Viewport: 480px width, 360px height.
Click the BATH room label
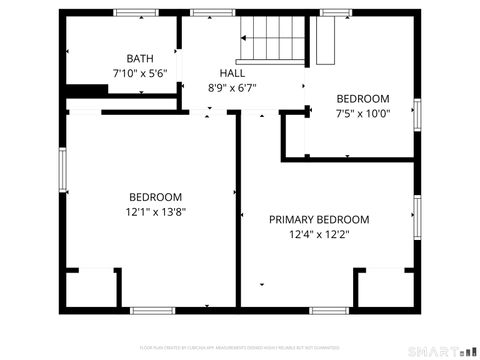pos(139,59)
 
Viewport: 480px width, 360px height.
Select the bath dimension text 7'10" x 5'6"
pos(139,74)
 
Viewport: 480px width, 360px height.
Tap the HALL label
pos(232,74)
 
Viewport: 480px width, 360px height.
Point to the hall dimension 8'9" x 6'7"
pos(232,88)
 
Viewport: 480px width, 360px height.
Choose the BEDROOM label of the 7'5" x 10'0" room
pos(362,98)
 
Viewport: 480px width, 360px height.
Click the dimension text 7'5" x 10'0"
pos(362,113)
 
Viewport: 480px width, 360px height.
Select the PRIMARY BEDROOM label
pos(319,220)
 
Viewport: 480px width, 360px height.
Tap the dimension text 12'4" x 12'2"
pos(319,235)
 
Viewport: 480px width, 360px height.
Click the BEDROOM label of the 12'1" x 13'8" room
pos(155,196)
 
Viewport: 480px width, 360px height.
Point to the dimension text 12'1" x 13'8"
pos(155,211)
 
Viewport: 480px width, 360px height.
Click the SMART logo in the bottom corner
pos(441,350)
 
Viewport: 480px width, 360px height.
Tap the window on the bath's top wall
pos(135,13)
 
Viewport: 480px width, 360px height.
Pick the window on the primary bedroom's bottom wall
pos(327,309)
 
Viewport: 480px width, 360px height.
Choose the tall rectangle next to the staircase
pos(324,40)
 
